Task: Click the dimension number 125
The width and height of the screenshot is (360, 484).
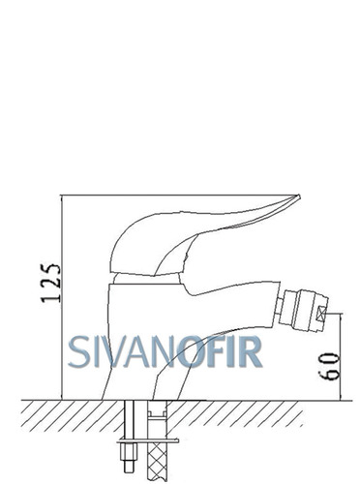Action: pos(50,283)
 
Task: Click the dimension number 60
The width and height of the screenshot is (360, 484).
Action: pos(329,367)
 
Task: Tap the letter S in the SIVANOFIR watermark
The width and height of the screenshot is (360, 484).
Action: pos(78,351)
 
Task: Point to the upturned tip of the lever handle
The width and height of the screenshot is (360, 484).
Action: pos(299,196)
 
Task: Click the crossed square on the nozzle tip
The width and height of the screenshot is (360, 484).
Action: pos(322,314)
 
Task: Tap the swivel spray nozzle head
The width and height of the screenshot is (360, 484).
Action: pos(304,309)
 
